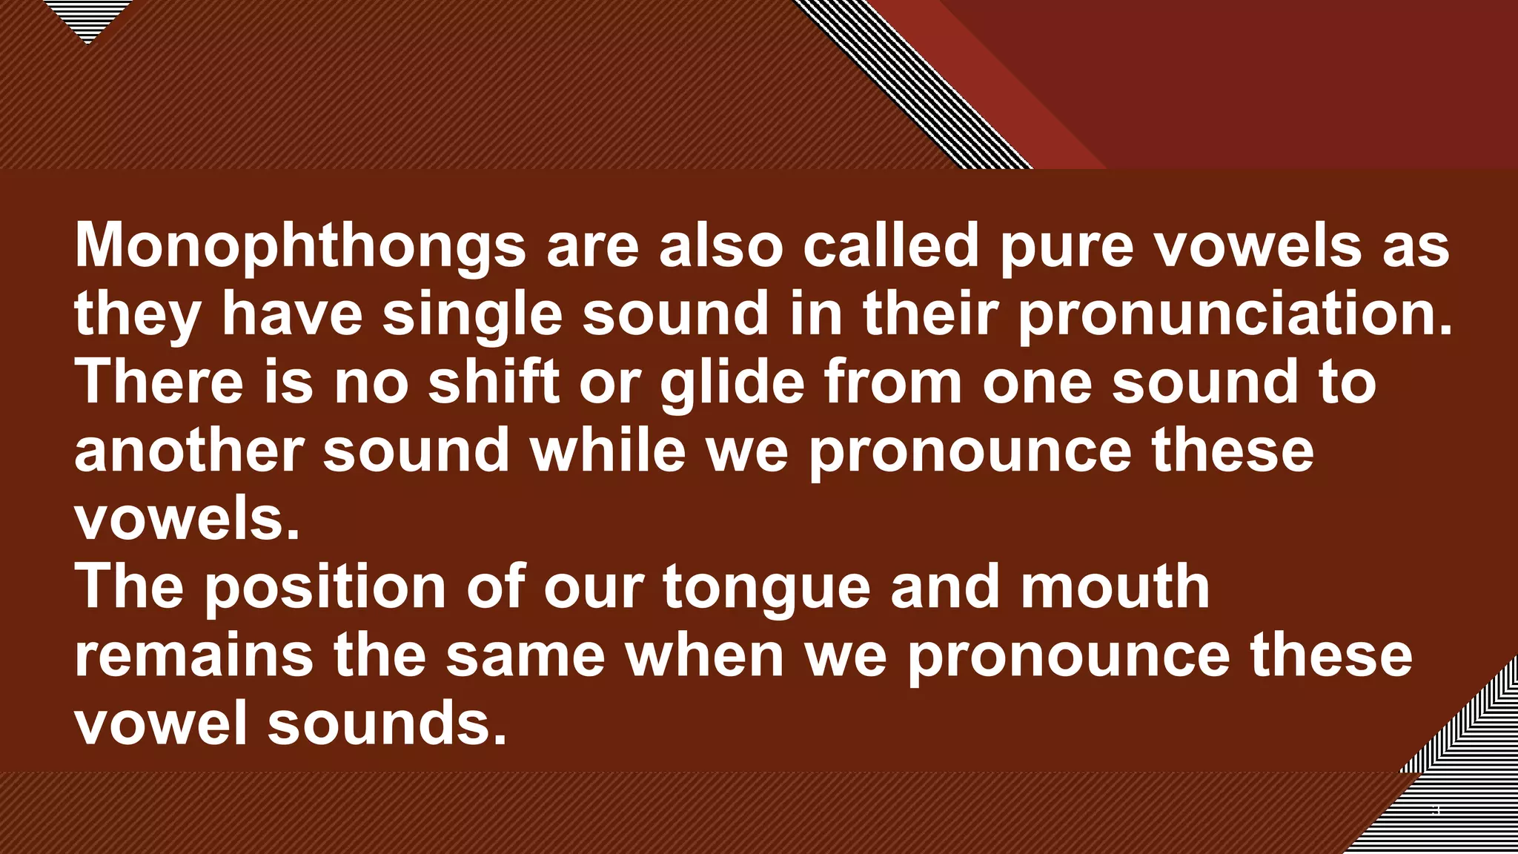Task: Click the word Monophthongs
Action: [300, 247]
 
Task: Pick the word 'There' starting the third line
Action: [159, 382]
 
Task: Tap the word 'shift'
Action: [494, 382]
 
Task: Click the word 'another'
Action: [189, 451]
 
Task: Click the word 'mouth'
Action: [1115, 587]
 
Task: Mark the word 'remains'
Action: [194, 656]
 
